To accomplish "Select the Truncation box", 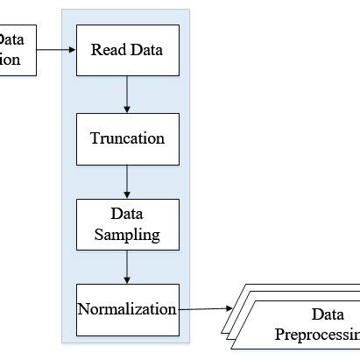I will pyautogui.click(x=127, y=138).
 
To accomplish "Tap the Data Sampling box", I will pyautogui.click(x=127, y=223).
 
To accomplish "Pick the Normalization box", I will pyautogui.click(x=127, y=309).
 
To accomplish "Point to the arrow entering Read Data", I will pyautogui.click(x=56, y=49).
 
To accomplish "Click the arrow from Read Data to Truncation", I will pyautogui.click(x=128, y=94).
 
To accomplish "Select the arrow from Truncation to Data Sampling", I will pyautogui.click(x=128, y=181).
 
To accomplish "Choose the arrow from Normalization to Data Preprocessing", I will pyautogui.click(x=206, y=308).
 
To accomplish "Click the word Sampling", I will pyautogui.click(x=127, y=234).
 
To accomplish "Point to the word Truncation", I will pyautogui.click(x=127, y=138).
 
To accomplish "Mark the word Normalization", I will pyautogui.click(x=127, y=309).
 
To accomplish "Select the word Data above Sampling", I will pyautogui.click(x=127, y=213).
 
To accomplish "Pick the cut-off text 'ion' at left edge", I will pyautogui.click(x=10, y=60).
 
